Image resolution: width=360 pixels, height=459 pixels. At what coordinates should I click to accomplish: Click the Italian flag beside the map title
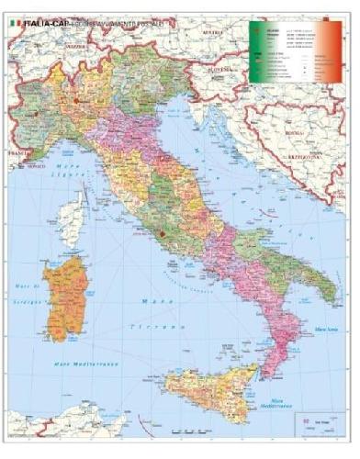pyautogui.click(x=14, y=14)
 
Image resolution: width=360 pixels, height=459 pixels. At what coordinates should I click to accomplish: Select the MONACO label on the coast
pyautogui.click(x=36, y=170)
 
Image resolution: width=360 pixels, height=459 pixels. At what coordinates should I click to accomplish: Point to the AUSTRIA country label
pyautogui.click(x=214, y=29)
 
